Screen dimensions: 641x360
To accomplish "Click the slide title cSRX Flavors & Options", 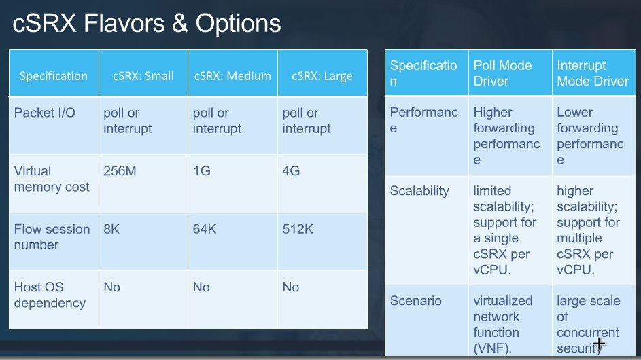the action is (x=147, y=23).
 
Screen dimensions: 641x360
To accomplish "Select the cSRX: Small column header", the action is (x=143, y=76).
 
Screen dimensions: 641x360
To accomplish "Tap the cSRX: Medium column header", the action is (x=232, y=76).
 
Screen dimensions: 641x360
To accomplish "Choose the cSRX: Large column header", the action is (x=322, y=76).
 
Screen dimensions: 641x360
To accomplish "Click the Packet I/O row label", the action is (x=45, y=113).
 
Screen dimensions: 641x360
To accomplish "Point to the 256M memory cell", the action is (x=120, y=170).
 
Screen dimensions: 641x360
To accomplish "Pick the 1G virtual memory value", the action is (x=201, y=170).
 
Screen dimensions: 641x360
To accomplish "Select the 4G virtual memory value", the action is (x=291, y=170).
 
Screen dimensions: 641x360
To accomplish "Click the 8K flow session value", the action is (x=111, y=229).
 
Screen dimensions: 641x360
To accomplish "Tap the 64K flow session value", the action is (x=205, y=229).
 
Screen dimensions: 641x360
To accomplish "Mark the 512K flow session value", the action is (x=298, y=229).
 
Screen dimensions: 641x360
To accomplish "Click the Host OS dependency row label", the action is (x=50, y=295).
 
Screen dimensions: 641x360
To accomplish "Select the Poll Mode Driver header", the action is (x=502, y=73).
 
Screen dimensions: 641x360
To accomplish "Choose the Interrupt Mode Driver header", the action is (x=593, y=73).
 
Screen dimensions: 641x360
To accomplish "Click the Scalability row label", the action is (x=419, y=191).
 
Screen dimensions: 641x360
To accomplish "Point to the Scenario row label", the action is (x=416, y=301).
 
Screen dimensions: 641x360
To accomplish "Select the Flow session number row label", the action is (x=52, y=237).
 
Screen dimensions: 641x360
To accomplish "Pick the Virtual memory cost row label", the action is (x=52, y=179).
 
